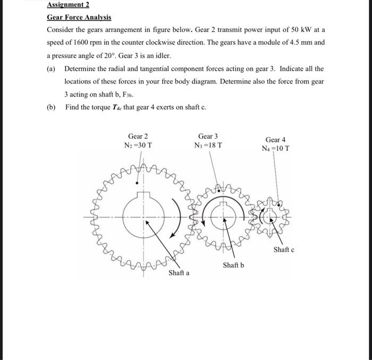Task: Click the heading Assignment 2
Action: [68, 5]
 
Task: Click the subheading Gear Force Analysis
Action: [79, 17]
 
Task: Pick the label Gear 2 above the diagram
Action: [138, 136]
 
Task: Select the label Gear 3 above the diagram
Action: [208, 136]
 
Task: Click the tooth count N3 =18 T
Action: [208, 145]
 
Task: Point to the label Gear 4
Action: [276, 139]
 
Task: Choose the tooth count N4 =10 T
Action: [276, 148]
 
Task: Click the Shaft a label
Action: [179, 273]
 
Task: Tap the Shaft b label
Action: [233, 264]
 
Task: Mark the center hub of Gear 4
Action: [271, 217]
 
